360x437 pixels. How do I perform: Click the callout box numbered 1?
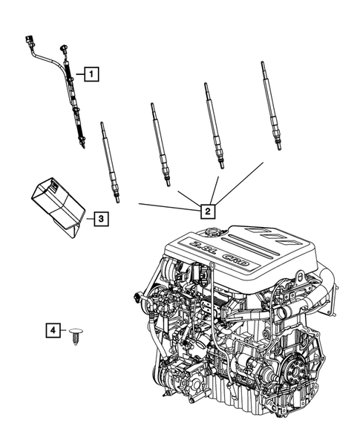coord(91,73)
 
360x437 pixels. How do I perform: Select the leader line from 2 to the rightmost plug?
coord(241,182)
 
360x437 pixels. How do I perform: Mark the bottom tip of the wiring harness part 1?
coord(84,145)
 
